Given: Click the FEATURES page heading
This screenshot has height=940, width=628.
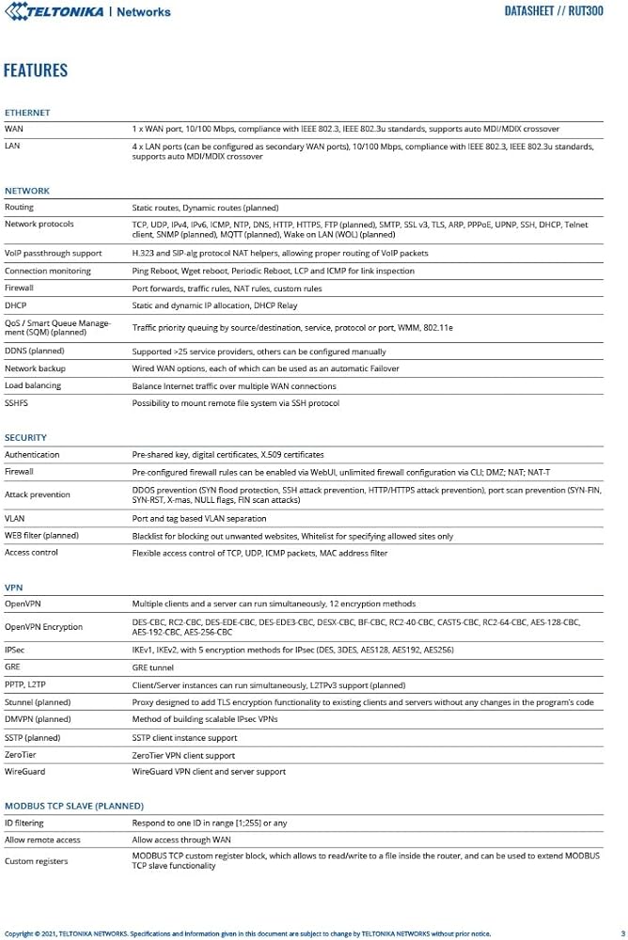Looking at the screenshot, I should click(36, 70).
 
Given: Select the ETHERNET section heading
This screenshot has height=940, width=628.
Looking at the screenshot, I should click(27, 113).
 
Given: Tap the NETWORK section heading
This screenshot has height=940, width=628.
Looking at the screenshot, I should click(27, 191).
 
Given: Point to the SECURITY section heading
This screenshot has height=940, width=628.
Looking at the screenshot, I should click(25, 438).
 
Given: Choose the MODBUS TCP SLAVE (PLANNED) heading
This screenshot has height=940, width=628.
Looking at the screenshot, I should click(74, 807).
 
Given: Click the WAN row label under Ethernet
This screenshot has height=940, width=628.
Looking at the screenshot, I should click(14, 128).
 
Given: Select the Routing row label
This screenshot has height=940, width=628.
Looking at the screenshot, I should click(19, 207).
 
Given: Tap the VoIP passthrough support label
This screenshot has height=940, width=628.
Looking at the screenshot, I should click(53, 253).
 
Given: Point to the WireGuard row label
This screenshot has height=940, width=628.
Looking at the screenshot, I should click(24, 772).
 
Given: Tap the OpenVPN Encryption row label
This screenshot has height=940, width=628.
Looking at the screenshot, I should click(43, 626).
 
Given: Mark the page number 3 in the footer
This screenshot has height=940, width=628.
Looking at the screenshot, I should click(622, 933).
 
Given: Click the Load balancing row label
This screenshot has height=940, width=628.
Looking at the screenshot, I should click(33, 385).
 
